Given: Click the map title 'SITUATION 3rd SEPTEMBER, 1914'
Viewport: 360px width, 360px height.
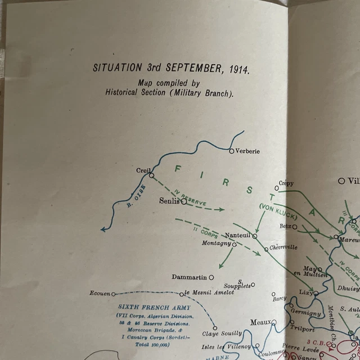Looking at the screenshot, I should coord(170,68).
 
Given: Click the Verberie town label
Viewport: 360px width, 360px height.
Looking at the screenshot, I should coord(247,151).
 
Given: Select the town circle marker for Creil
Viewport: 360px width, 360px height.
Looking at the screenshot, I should coord(151,175).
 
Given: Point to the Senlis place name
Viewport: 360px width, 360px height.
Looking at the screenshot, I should coord(169,200).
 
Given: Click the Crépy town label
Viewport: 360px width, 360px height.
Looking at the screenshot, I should coord(285,183).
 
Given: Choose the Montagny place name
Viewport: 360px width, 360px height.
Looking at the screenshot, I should coord(217,243).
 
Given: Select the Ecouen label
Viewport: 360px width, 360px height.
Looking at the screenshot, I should coord(100,294).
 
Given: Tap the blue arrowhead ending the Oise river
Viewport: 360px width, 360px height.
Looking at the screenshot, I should coord(103,228).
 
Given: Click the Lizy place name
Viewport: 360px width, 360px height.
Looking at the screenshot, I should coord(305,293).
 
